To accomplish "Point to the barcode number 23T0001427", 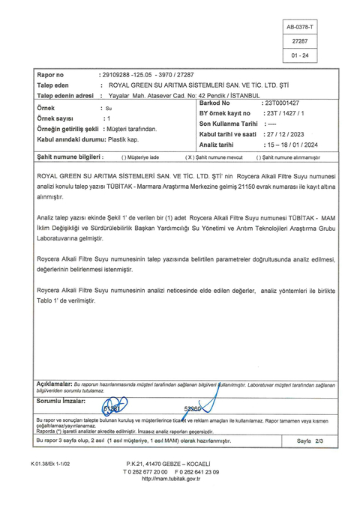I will pyautogui.click(x=282, y=103).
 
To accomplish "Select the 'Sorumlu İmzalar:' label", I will pyautogui.click(x=62, y=401).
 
